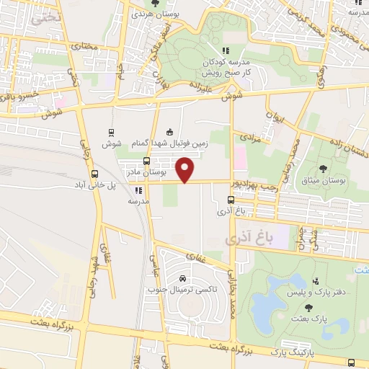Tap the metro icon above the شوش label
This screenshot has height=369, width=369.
pos(111,132)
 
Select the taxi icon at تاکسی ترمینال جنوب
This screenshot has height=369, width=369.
pos(182,279)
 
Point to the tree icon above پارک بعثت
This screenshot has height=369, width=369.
pos(308,307)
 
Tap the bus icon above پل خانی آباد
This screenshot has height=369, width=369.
pos(94,174)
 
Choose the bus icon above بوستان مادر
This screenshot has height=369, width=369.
pos(147,161)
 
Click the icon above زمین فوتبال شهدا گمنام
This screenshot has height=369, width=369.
pos(169,131)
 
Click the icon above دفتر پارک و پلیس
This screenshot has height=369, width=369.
pos(316,280)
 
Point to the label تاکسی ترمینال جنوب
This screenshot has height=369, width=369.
pos(182,290)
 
